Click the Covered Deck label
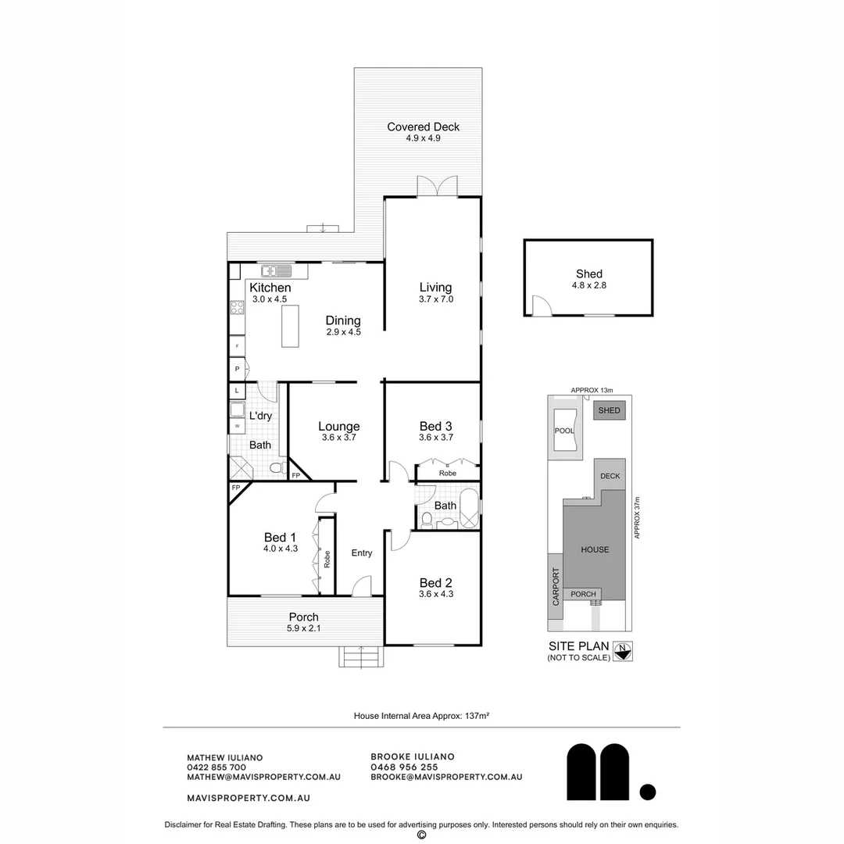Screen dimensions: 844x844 pyautogui.click(x=423, y=127)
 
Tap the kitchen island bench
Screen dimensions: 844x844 pyautogui.click(x=289, y=325)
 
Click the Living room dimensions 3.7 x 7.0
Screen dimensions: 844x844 pyautogui.click(x=436, y=299)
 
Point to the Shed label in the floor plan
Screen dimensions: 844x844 pyautogui.click(x=588, y=274)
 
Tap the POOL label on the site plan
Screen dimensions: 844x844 pyautogui.click(x=563, y=431)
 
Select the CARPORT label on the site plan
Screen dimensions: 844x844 pyautogui.click(x=556, y=587)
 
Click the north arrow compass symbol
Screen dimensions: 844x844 pyautogui.click(x=623, y=649)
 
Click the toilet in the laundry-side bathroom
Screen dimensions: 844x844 pyautogui.click(x=277, y=467)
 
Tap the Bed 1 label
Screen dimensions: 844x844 pyautogui.click(x=280, y=537)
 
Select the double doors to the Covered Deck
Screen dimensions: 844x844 pyautogui.click(x=436, y=187)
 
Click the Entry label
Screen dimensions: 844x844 pyautogui.click(x=361, y=553)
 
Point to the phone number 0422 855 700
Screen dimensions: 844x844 pyautogui.click(x=216, y=767)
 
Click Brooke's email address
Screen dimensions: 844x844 pyautogui.click(x=446, y=777)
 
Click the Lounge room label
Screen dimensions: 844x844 pyautogui.click(x=338, y=427)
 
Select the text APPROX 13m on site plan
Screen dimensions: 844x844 pyautogui.click(x=592, y=391)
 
